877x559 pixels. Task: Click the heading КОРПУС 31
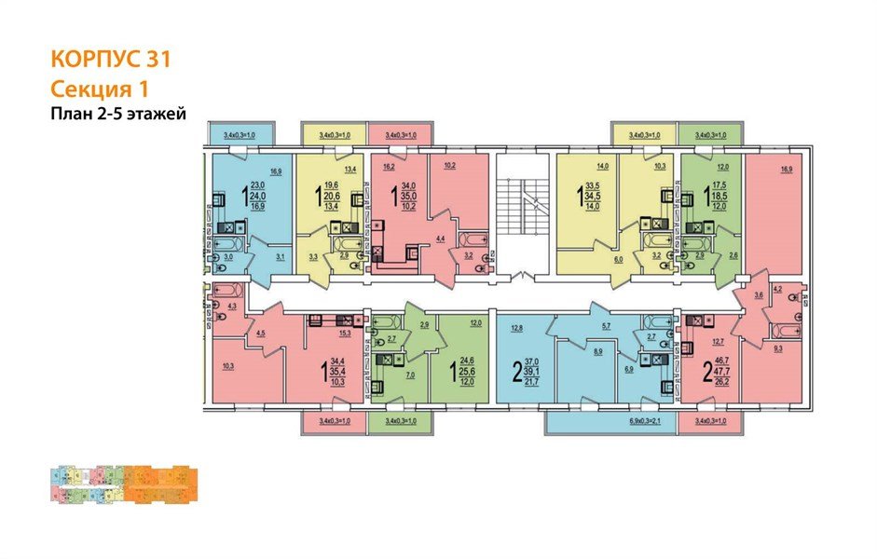point(109,60)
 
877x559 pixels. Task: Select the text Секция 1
point(99,89)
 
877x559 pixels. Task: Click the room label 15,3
point(344,332)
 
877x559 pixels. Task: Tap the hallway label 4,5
point(262,333)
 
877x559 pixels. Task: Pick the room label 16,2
point(390,169)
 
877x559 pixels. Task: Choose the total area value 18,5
point(718,198)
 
